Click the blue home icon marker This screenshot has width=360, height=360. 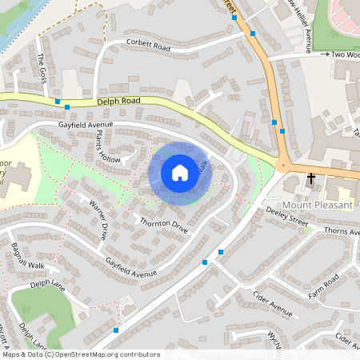[180, 173]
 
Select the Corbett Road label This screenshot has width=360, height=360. [149, 46]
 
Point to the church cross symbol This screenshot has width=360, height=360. [311, 179]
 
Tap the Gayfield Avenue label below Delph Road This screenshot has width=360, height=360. [86, 126]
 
